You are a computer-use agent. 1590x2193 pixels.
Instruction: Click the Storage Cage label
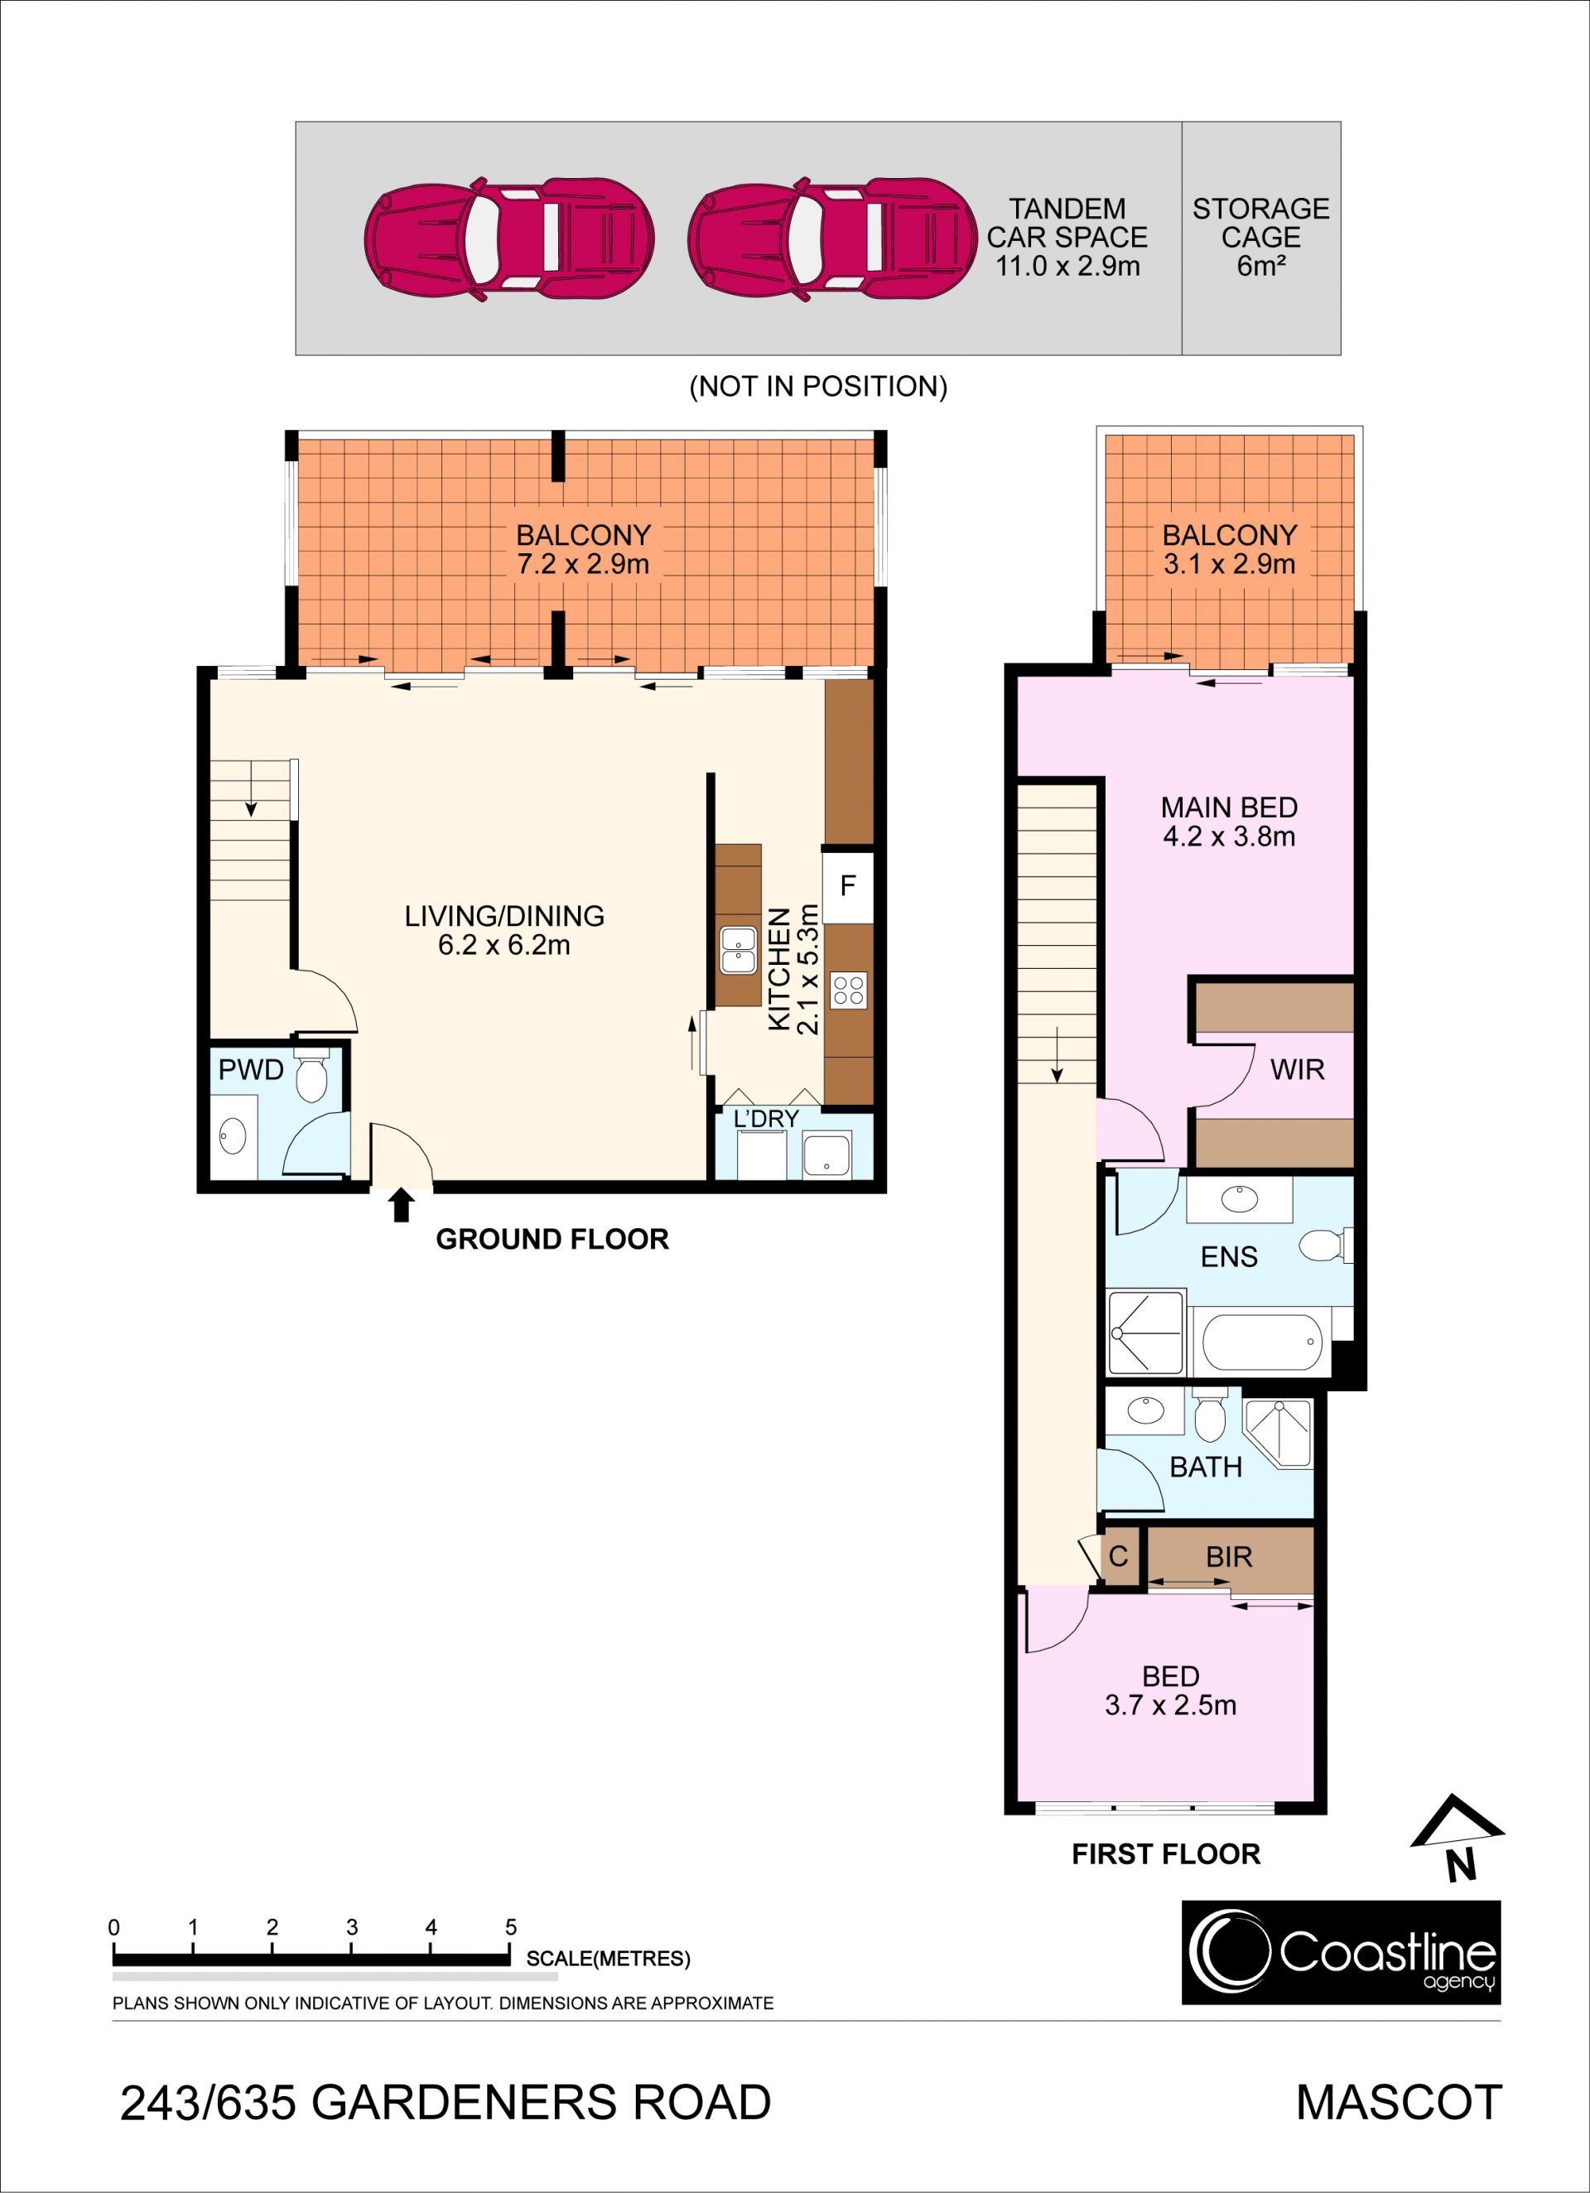(1260, 237)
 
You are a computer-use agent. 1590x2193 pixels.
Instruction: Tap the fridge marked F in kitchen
(848, 885)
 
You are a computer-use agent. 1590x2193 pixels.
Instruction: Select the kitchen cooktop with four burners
(848, 990)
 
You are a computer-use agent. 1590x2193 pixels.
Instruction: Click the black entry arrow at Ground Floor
(402, 1207)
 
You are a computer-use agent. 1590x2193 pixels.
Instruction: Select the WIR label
(1297, 1069)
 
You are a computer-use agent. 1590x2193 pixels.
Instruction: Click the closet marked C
(1119, 1557)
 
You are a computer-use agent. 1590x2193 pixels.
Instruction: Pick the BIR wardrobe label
(1229, 1557)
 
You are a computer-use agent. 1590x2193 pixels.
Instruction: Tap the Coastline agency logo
(1342, 1952)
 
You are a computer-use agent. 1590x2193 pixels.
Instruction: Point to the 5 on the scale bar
(511, 1927)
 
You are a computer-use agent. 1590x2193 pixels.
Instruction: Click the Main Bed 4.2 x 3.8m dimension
(1229, 836)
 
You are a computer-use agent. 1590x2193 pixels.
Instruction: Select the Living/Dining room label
(503, 916)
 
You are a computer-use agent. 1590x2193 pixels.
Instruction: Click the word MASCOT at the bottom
(1399, 2103)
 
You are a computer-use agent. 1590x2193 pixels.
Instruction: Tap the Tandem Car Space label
(1067, 237)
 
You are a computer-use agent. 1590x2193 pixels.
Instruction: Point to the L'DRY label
(766, 1119)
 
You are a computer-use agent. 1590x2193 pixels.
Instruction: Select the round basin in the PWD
(233, 1135)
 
